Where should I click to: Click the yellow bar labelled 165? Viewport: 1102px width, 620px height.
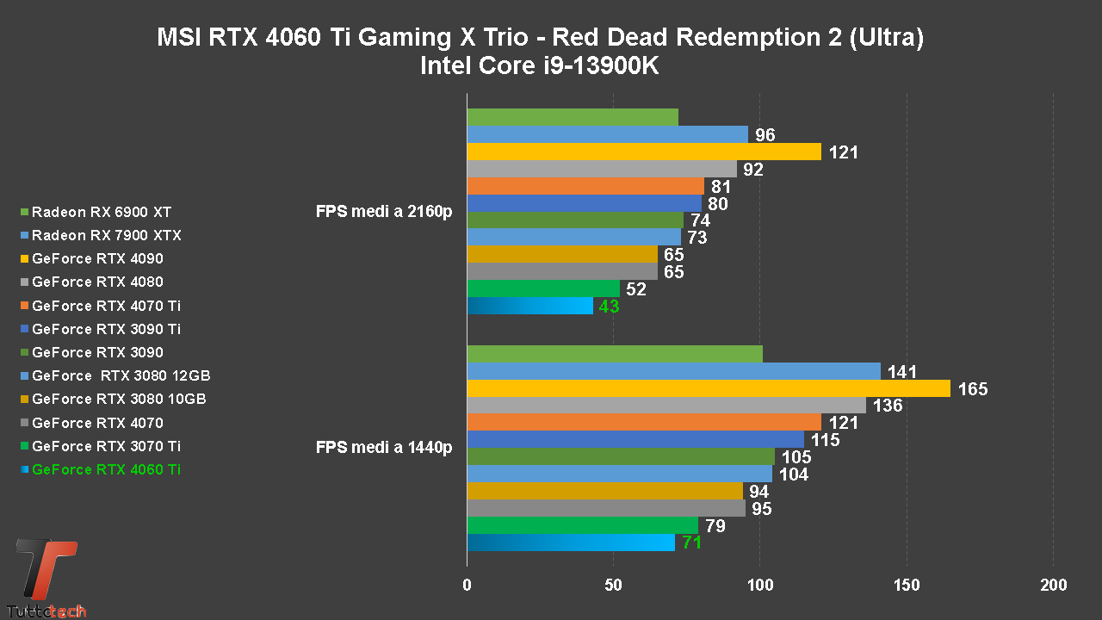pyautogui.click(x=708, y=389)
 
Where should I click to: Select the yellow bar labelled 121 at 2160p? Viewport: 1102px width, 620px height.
pyautogui.click(x=643, y=152)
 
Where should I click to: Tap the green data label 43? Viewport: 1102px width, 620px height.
pyautogui.click(x=609, y=307)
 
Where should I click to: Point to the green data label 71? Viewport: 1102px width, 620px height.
pyautogui.click(x=691, y=543)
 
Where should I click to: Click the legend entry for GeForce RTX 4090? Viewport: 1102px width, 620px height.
pyautogui.click(x=97, y=258)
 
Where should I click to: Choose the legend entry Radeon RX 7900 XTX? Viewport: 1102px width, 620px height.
pyautogui.click(x=106, y=235)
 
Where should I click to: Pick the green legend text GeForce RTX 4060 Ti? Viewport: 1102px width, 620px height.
pyautogui.click(x=106, y=469)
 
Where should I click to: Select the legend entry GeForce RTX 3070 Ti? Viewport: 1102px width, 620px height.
pyautogui.click(x=106, y=446)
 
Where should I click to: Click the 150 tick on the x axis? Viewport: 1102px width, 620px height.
pyautogui.click(x=907, y=586)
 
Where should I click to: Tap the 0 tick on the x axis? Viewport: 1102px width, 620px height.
pyautogui.click(x=467, y=586)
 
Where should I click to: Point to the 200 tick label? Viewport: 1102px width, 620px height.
pyautogui.click(x=1053, y=586)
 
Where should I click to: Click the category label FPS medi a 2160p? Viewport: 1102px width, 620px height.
pyautogui.click(x=384, y=212)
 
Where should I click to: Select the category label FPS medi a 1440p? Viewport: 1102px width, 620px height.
pyautogui.click(x=384, y=447)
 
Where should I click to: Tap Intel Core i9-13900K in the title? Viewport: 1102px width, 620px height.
pyautogui.click(x=539, y=66)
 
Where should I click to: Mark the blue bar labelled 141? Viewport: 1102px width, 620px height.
pyautogui.click(x=673, y=372)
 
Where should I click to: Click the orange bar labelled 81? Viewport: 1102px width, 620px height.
pyautogui.click(x=585, y=186)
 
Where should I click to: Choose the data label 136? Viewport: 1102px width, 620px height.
pyautogui.click(x=887, y=406)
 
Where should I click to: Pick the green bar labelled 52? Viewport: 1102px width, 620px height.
pyautogui.click(x=542, y=289)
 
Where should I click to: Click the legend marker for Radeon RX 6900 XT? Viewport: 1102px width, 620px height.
pyautogui.click(x=25, y=212)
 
